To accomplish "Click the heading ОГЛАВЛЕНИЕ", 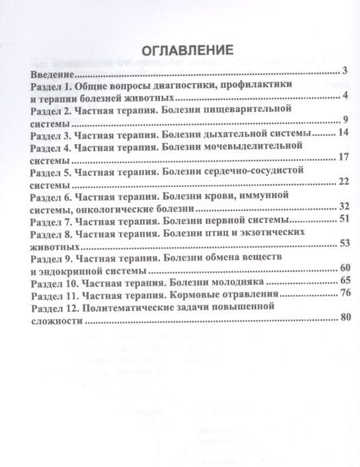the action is pyautogui.click(x=180, y=50).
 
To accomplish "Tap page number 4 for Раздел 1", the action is pyautogui.click(x=343, y=97).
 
